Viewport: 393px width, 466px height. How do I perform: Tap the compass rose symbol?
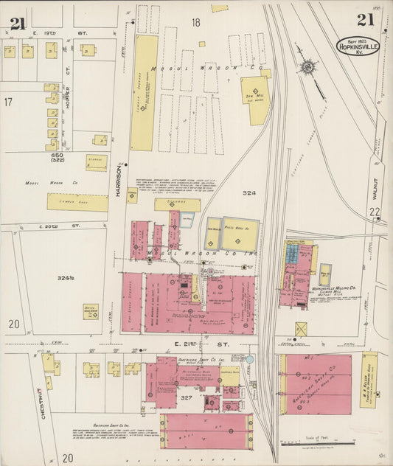(307, 68)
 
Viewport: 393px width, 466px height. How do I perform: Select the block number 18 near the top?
(195, 23)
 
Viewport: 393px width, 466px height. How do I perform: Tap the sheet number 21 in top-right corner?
(366, 20)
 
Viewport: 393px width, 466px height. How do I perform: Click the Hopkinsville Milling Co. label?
(333, 288)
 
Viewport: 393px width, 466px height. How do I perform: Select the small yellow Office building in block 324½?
(91, 312)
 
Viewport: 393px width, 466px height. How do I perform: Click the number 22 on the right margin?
(375, 212)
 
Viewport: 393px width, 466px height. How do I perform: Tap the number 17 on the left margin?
(8, 102)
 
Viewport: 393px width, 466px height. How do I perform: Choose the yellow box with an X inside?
(301, 329)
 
